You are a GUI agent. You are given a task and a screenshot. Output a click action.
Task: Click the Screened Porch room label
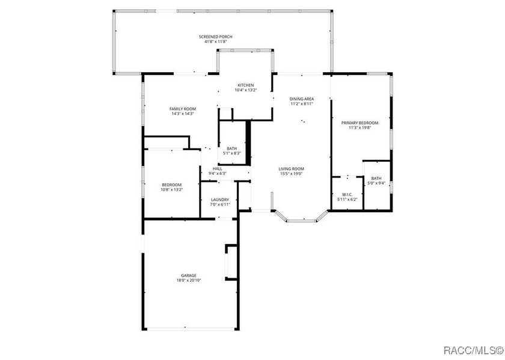(x=215, y=37)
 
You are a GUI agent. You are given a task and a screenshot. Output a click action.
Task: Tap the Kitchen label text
(x=246, y=85)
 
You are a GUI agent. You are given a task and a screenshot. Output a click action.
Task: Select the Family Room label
(x=183, y=109)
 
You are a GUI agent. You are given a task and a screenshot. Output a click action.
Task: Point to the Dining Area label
(x=301, y=99)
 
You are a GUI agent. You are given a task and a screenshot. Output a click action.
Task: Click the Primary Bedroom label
(x=360, y=123)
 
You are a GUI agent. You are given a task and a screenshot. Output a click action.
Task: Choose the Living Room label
(x=291, y=169)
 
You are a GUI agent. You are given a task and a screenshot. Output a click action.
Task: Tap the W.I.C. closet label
(x=347, y=195)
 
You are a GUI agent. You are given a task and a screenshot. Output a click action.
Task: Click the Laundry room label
(x=220, y=200)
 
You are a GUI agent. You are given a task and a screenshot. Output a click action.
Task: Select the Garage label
(x=188, y=276)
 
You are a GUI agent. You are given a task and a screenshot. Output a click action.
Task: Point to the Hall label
(x=218, y=169)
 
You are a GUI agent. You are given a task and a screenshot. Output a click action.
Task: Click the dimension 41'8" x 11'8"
(x=215, y=41)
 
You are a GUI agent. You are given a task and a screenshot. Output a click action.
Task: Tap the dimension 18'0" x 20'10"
(x=188, y=281)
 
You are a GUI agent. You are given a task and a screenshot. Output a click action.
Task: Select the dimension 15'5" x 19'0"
(x=291, y=174)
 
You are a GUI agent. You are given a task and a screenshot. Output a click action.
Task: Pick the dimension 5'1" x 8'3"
(x=232, y=153)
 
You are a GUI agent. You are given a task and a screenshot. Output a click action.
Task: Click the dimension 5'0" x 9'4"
(x=376, y=183)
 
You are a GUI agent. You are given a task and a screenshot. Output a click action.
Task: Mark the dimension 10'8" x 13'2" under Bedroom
(x=172, y=190)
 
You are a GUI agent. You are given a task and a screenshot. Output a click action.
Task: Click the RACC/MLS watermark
(x=473, y=350)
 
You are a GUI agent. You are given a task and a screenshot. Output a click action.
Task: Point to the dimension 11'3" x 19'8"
(x=360, y=127)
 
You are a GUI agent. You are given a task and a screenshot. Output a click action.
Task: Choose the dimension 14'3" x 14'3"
(x=183, y=114)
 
